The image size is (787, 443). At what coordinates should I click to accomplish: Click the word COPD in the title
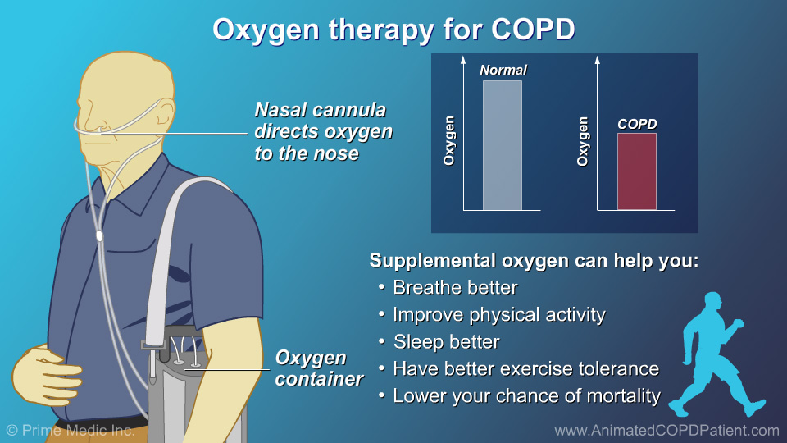pos(533,30)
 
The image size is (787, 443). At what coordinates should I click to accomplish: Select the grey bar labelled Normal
pos(502,145)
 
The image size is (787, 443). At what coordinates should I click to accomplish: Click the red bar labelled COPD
pos(637,171)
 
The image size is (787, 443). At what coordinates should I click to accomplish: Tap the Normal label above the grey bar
pos(503,70)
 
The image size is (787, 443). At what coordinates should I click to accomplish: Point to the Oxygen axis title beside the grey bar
pos(448,140)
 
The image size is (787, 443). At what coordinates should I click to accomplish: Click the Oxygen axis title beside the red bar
pos(582,141)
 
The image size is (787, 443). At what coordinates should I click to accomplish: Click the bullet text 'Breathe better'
pos(455,288)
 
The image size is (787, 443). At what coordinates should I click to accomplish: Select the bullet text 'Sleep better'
pos(446,342)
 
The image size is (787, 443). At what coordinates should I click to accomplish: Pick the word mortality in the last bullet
pos(623,396)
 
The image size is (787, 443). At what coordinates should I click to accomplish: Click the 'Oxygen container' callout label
pos(319,368)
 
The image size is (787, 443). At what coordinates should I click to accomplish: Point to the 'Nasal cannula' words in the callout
pos(321,109)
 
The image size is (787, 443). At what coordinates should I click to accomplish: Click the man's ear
pos(164,113)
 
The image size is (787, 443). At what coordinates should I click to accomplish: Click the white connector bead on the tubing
pos(99,235)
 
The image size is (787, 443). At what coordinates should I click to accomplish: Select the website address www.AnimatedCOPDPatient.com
pos(666,431)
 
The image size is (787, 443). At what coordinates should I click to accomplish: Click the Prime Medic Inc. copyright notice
pos(71,431)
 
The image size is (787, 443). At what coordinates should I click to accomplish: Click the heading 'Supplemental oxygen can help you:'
pos(534,261)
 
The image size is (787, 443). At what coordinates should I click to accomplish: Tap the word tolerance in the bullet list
pos(619,369)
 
